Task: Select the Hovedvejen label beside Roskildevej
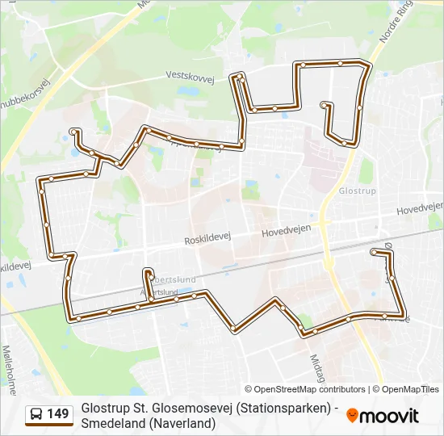(x=286, y=232)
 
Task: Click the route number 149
(x=58, y=414)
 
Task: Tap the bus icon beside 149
(x=36, y=414)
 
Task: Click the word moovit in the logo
(x=390, y=417)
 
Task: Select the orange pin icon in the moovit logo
(x=352, y=416)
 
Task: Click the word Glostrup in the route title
(x=105, y=409)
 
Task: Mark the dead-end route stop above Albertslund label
(x=148, y=271)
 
